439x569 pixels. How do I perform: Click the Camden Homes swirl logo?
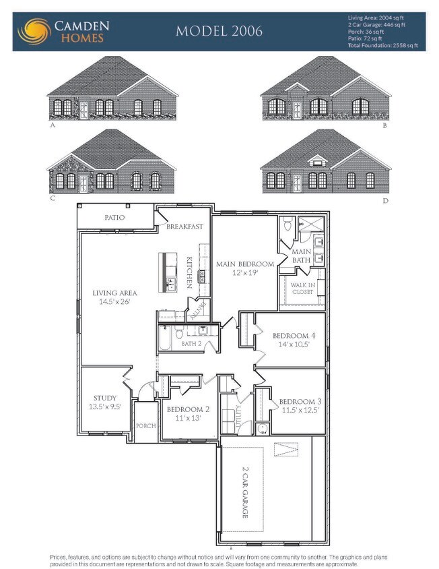pos(34,31)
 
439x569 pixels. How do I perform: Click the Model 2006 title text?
pos(219,31)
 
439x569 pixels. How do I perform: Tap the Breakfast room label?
pos(185,227)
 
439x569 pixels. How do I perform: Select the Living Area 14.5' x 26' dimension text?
pos(114,301)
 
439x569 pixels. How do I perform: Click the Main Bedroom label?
pos(244,264)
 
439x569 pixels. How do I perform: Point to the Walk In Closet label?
pos(302,289)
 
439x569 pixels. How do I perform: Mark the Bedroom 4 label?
pos(293,336)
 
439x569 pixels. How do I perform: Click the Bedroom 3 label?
pos(299,402)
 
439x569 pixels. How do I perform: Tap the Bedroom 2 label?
pos(188,409)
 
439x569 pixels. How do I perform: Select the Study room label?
pos(104,398)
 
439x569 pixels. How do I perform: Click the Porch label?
pos(145,426)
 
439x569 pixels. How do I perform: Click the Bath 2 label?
pos(191,344)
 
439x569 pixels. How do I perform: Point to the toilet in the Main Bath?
pos(287,224)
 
